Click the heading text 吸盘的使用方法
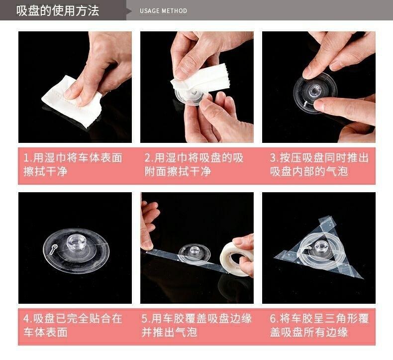coord(58,10)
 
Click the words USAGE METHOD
coord(163,11)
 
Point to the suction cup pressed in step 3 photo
coord(315,93)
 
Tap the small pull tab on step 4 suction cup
coord(53,249)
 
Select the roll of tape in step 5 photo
coord(236,259)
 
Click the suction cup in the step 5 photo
coord(195,254)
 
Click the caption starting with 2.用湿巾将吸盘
coord(194,165)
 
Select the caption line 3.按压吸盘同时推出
coord(319,158)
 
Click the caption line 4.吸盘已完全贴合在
coord(73,319)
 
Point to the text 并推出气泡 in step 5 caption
coord(169,333)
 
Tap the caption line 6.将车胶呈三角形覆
coord(319,319)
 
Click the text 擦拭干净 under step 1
coord(45,172)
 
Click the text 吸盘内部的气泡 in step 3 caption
coord(309,172)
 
